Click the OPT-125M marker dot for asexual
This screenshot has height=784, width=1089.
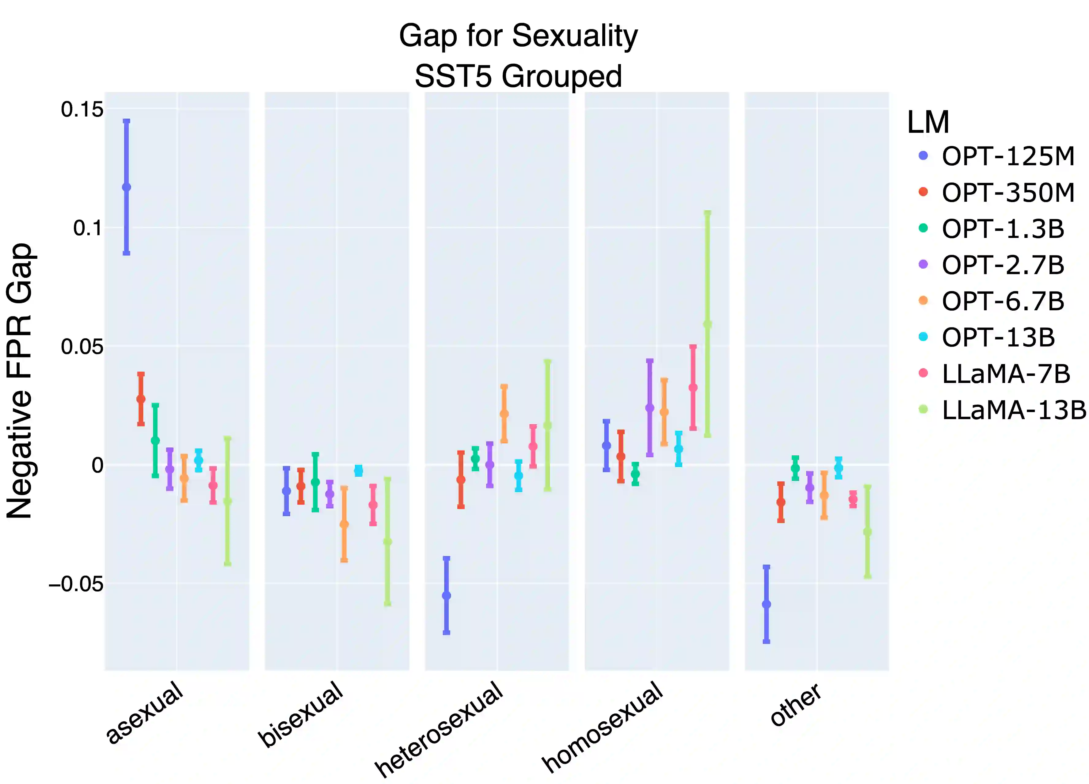click(126, 187)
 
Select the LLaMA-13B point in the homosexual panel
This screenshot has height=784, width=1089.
click(707, 324)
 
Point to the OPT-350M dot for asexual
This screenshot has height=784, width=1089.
click(141, 399)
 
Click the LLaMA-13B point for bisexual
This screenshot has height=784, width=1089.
click(387, 542)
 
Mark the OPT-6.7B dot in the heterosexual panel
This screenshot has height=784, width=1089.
click(504, 414)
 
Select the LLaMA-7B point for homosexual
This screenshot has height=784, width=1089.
click(693, 387)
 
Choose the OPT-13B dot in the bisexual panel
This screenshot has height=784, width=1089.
click(359, 471)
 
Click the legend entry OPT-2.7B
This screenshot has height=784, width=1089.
click(1003, 265)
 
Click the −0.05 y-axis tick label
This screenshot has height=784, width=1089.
click(76, 584)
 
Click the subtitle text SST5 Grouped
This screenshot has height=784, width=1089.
click(519, 76)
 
